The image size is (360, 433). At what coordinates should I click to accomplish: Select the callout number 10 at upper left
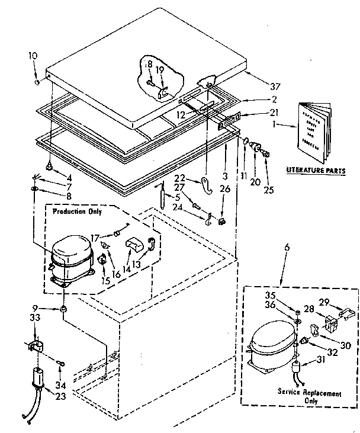click(x=33, y=56)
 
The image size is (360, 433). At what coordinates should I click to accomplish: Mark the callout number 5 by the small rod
click(x=177, y=197)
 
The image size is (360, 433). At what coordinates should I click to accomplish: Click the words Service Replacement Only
click(x=310, y=397)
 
